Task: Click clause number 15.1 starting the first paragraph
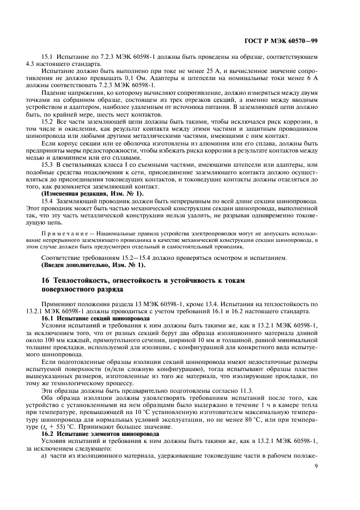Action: click(48, 57)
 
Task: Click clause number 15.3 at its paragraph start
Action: click(48, 164)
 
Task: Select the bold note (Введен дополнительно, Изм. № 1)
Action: click(94, 265)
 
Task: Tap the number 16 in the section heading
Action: click(46, 280)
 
